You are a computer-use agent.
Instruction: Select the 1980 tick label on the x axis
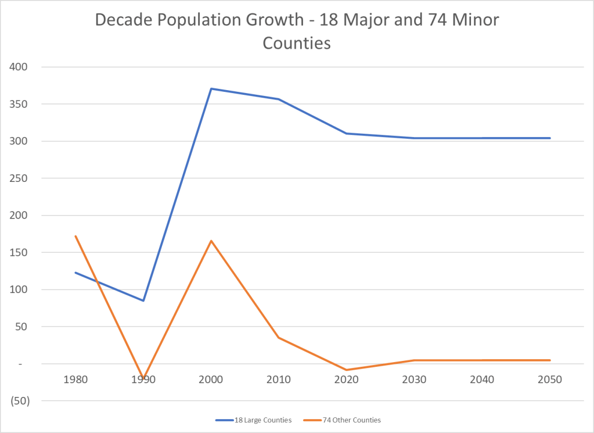click(x=75, y=380)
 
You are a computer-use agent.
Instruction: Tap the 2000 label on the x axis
click(x=211, y=380)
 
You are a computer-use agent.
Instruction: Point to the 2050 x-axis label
click(x=550, y=380)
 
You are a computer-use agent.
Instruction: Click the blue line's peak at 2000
click(x=211, y=88)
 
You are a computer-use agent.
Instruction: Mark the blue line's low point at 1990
click(x=143, y=300)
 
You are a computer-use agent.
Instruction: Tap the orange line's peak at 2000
click(x=211, y=241)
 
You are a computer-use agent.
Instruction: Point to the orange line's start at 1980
click(x=75, y=236)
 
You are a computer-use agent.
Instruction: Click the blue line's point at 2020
click(x=347, y=133)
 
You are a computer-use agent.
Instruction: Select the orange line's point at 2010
click(x=279, y=338)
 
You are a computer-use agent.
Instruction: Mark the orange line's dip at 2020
click(x=347, y=370)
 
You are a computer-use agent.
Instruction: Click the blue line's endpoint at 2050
click(x=550, y=138)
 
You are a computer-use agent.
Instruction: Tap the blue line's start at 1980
click(x=75, y=273)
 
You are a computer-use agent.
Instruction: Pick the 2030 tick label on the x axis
click(x=415, y=380)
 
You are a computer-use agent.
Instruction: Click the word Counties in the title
click(x=297, y=43)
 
